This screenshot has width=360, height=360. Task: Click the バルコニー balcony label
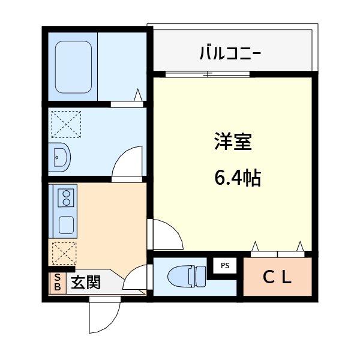230,54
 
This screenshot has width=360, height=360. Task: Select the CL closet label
278,277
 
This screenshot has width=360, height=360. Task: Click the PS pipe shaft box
225,265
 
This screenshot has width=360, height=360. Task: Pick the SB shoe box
57,283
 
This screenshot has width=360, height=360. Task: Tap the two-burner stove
65,197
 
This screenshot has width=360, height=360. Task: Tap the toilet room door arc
136,278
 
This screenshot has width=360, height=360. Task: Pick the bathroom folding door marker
138,96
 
